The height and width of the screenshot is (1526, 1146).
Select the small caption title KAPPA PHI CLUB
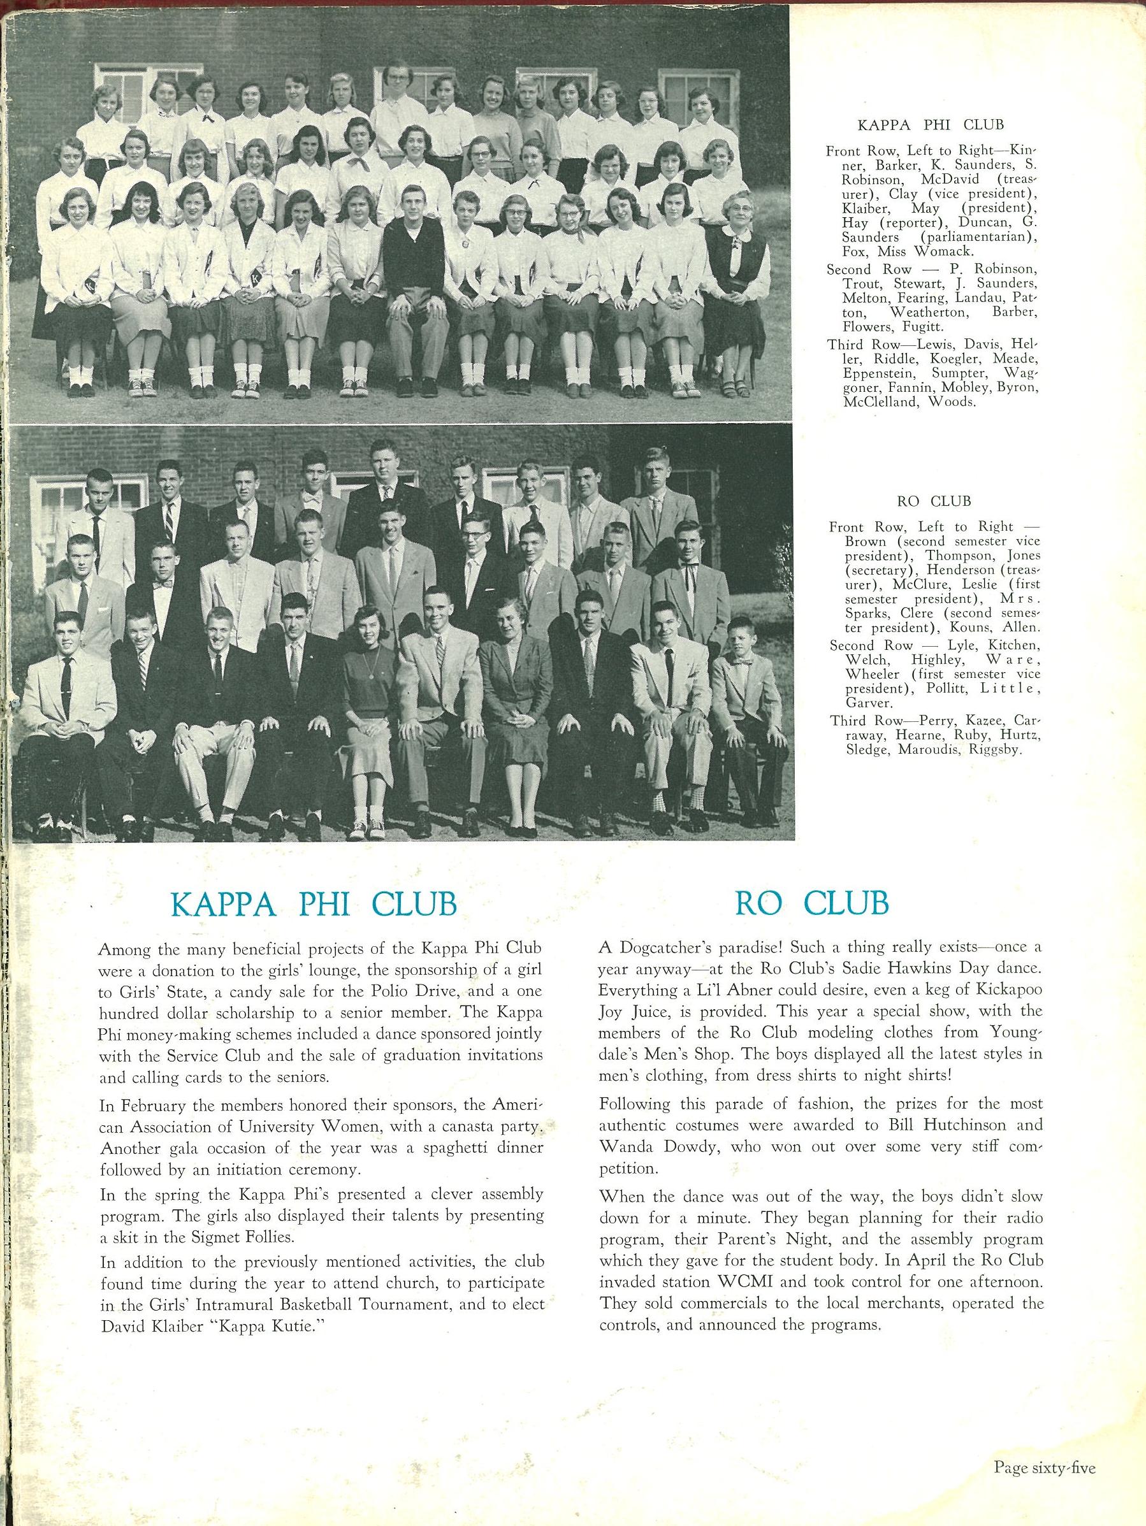[x=930, y=125]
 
